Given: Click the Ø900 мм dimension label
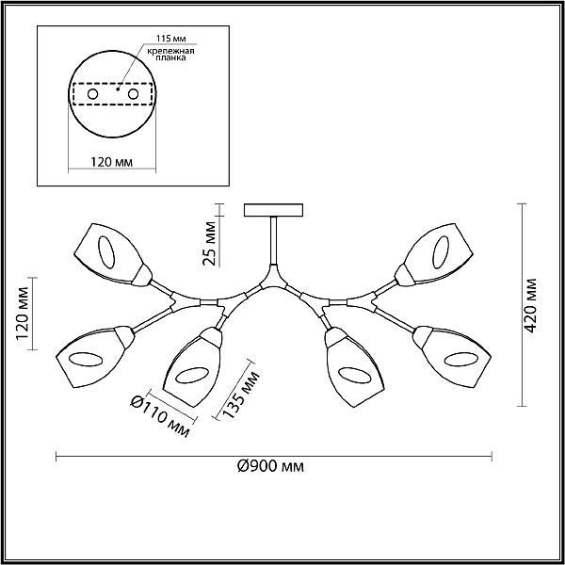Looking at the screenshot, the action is coord(270,467).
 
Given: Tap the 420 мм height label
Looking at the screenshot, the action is coord(530,305).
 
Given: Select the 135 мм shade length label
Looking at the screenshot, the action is coord(241,395).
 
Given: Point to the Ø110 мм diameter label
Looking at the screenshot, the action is coord(160,415).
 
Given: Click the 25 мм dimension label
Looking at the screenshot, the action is coord(209,243).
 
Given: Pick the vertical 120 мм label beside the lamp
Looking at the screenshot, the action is coord(22,314).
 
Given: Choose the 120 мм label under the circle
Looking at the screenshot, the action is coord(111,162).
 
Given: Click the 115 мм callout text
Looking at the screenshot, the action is coord(171,39).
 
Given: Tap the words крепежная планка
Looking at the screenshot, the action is coord(171,54).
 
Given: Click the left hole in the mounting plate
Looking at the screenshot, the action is coord(92,94).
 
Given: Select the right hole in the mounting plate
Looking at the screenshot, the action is coord(133,94).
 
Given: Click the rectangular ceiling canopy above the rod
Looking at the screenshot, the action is coord(273,210).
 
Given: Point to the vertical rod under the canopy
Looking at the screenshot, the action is coord(273,240).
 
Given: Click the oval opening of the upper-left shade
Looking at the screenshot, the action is coord(106,252).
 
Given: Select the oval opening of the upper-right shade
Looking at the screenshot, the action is coord(441,252).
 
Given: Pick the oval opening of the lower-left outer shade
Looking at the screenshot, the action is coord(86,360).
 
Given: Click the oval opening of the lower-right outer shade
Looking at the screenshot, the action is coord(461,360).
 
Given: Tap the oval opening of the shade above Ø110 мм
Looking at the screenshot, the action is coord(192,375).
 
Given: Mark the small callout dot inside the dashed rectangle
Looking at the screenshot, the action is coord(118,89).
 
